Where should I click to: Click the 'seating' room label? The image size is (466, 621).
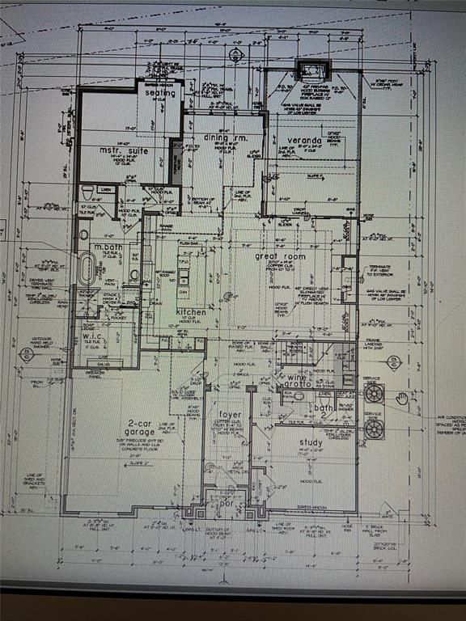pyautogui.click(x=159, y=93)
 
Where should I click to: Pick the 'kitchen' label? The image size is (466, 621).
pyautogui.click(x=191, y=311)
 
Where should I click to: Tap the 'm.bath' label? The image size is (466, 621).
pyautogui.click(x=108, y=247)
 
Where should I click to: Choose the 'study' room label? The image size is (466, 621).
pyautogui.click(x=311, y=442)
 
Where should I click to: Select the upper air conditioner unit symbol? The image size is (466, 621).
pyautogui.click(x=374, y=394)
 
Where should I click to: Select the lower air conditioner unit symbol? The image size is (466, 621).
pyautogui.click(x=374, y=429)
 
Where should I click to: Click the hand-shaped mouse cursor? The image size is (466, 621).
pyautogui.click(x=402, y=397)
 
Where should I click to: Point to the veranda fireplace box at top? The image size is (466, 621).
pyautogui.click(x=307, y=72)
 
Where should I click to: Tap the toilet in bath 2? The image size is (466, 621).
pyautogui.click(x=286, y=396)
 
